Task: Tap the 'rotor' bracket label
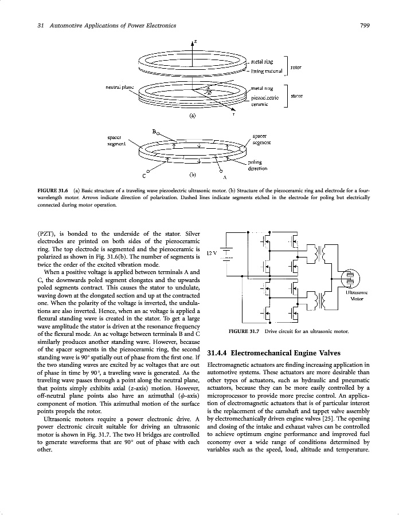click(x=296, y=67)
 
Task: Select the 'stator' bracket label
click(x=296, y=96)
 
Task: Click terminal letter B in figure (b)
click(x=154, y=131)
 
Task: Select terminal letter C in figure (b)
click(x=144, y=175)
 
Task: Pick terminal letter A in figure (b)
click(x=225, y=176)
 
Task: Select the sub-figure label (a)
click(x=193, y=115)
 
